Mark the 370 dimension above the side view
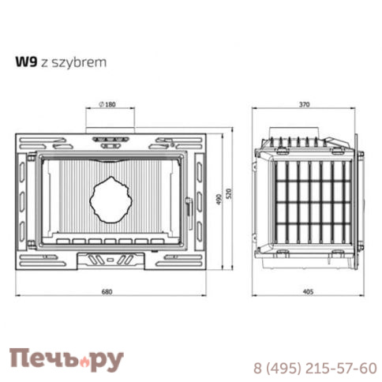(x=305, y=105)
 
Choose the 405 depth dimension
(x=308, y=292)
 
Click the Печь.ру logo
(x=66, y=358)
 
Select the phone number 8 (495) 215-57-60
(x=314, y=368)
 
